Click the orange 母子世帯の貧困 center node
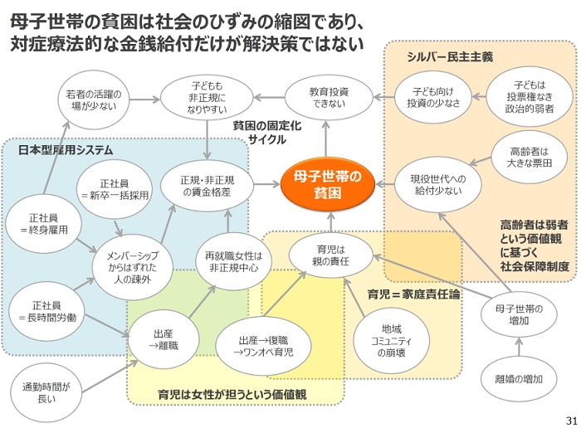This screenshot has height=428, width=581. (x=328, y=184)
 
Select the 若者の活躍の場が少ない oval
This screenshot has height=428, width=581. (x=94, y=100)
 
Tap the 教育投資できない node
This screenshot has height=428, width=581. (x=329, y=97)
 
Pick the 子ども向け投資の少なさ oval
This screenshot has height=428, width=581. (x=433, y=97)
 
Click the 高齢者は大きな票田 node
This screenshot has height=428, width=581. (x=530, y=158)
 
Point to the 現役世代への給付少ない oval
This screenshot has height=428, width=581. (x=438, y=185)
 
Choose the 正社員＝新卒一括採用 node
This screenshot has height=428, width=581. (x=115, y=189)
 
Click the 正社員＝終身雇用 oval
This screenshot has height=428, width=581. (x=44, y=224)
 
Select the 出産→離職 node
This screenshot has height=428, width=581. (x=164, y=339)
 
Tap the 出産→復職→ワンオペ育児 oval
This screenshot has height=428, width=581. (x=263, y=346)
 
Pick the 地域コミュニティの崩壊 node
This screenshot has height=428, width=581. (x=391, y=341)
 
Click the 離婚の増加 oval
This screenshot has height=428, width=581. (x=519, y=379)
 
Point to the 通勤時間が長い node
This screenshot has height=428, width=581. (x=46, y=393)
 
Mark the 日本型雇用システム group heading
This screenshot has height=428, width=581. (x=66, y=150)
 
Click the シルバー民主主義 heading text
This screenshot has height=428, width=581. (x=450, y=56)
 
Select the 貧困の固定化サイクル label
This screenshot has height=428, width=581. (x=266, y=133)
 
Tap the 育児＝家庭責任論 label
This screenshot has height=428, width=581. (x=414, y=294)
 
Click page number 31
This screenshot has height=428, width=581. (x=572, y=421)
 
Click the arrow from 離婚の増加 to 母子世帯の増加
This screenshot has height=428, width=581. (x=519, y=347)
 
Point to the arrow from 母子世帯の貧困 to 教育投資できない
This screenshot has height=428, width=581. (x=326, y=139)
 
